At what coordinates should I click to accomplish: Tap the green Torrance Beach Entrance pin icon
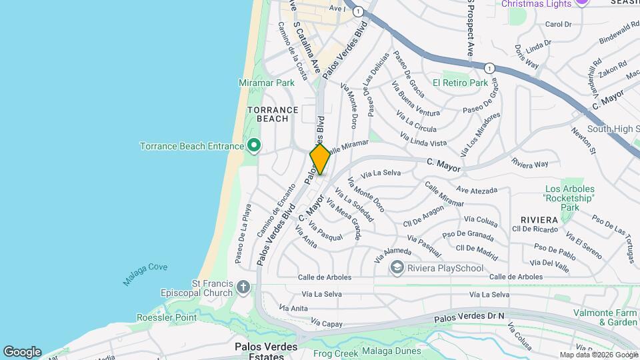coord(253,145)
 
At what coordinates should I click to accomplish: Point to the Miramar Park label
coord(267,83)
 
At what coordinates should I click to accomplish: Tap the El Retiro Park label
coord(460,83)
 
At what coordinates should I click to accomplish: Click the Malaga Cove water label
coord(145,274)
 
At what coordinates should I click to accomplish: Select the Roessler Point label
coord(167,317)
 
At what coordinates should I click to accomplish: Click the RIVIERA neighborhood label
coord(539,219)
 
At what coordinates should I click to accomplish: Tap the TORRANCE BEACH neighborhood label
coord(268,114)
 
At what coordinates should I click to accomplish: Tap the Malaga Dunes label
coord(391,351)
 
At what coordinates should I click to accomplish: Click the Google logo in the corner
coord(22,351)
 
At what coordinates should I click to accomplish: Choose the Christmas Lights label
coord(537,4)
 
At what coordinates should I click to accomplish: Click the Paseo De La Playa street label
coord(242,232)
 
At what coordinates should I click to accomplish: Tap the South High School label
coord(613,129)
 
